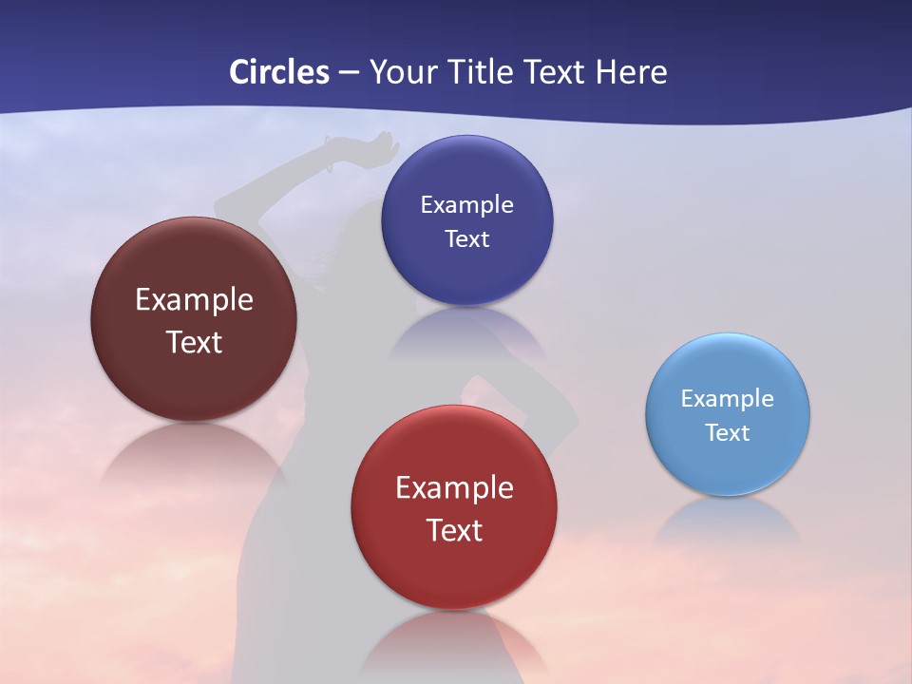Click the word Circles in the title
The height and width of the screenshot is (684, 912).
coord(278,72)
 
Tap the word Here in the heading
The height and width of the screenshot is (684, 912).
coord(632,72)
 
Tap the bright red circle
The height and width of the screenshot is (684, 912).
coord(454,570)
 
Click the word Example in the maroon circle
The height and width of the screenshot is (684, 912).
coord(194,300)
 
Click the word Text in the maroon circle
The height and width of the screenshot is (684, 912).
coord(194,342)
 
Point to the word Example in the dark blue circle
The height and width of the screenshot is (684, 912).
coord(466,204)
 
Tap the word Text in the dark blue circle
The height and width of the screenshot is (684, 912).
coord(466,238)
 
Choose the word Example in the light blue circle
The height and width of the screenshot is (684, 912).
coord(728,398)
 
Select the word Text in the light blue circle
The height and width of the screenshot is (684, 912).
coord(728,432)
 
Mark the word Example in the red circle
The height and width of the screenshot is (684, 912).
coord(454,488)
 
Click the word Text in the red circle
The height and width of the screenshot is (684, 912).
coord(454,530)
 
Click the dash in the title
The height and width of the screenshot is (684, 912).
coord(349,73)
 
